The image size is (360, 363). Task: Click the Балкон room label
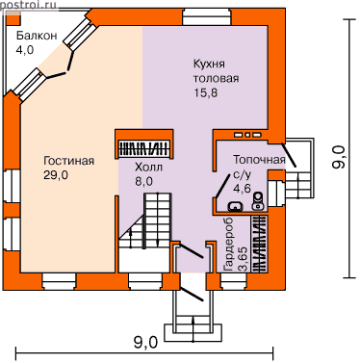(37, 35)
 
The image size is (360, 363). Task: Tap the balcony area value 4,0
(25, 50)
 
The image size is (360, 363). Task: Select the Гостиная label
(69, 160)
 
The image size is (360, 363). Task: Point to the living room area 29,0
(56, 175)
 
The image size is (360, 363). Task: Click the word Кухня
(209, 64)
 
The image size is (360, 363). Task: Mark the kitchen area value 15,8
(206, 93)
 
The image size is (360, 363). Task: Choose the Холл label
(148, 167)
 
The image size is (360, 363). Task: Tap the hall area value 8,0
(143, 182)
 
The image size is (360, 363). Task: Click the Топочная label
(259, 160)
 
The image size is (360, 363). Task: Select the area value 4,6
(242, 189)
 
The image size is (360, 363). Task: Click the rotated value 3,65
(244, 259)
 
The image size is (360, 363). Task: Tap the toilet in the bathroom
(258, 201)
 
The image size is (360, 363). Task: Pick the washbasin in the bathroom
(236, 206)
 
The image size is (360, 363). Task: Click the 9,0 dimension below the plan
(145, 343)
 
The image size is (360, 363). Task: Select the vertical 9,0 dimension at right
(338, 156)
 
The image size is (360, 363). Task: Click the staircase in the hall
(144, 220)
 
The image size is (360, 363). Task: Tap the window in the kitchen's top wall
(207, 17)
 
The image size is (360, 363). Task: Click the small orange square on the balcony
(13, 17)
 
